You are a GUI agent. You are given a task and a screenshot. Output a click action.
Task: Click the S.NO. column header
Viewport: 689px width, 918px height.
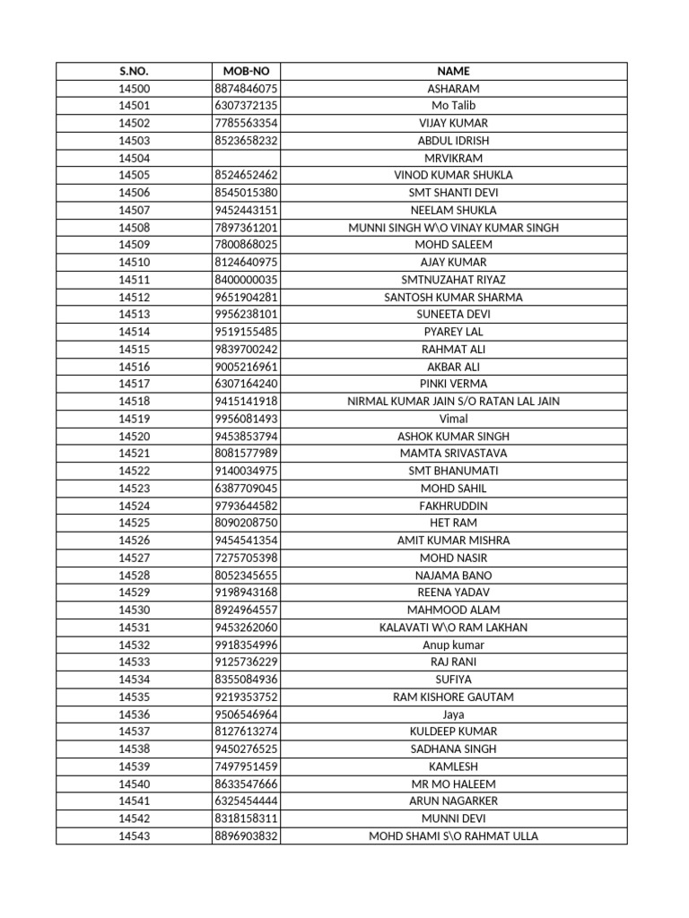134,71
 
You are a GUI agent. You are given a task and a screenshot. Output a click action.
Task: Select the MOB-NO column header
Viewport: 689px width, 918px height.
246,71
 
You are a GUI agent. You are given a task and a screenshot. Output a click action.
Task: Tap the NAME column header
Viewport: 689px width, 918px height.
453,71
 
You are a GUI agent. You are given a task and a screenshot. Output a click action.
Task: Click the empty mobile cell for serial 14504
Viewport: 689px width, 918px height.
246,158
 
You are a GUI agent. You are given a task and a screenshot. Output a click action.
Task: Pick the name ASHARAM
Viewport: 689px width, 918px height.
453,89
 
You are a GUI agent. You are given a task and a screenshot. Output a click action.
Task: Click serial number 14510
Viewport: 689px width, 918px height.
134,262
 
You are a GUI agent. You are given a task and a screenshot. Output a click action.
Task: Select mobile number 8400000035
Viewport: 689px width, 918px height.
246,280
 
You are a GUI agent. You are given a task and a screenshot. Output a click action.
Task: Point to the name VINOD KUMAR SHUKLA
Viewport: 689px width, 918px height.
453,175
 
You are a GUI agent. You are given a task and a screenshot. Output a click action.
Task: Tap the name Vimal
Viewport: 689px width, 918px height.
453,419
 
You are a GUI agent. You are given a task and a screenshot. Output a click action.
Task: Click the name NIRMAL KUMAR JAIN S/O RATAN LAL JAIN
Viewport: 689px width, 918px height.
453,401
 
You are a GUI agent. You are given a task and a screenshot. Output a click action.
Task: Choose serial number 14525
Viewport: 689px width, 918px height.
134,523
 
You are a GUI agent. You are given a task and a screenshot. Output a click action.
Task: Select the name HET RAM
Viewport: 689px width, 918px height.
453,523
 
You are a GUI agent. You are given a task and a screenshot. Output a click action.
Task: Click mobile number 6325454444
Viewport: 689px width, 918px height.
246,801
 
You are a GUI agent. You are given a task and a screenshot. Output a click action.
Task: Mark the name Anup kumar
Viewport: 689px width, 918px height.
453,645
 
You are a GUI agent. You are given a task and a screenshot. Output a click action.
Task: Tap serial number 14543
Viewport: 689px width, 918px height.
134,836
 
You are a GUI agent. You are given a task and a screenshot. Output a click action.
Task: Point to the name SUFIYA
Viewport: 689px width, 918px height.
453,680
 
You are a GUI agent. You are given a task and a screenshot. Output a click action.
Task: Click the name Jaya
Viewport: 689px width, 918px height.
453,714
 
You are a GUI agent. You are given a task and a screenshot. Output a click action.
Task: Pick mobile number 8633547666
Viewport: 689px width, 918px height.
246,784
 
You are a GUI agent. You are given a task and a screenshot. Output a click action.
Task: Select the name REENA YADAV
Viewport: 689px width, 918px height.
453,593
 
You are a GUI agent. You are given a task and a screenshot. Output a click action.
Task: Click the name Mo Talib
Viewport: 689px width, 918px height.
453,106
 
